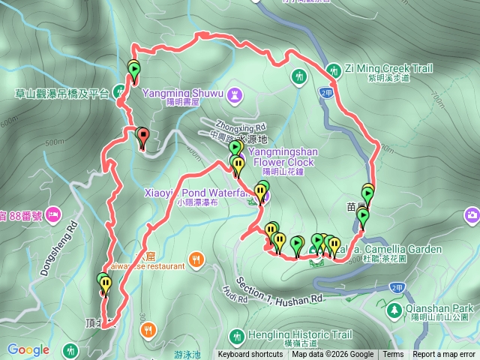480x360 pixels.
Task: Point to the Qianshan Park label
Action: pyautogui.click(x=442, y=307)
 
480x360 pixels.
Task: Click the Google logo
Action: pyautogui.click(x=28, y=349)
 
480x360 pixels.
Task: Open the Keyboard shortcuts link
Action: pyautogui.click(x=250, y=355)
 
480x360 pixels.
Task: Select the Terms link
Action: pyautogui.click(x=393, y=355)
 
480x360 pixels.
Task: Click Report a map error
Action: pyautogui.click(x=444, y=355)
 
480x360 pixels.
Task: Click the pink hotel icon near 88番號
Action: pyautogui.click(x=53, y=216)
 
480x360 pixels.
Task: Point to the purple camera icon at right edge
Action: pyautogui.click(x=472, y=216)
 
